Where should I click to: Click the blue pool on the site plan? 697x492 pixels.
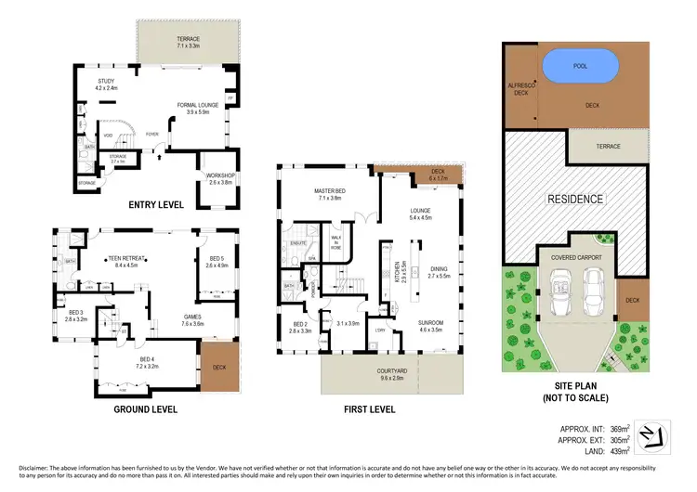click(x=580, y=66)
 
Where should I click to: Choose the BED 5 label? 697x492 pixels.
click(x=216, y=261)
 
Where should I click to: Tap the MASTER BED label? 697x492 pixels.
click(x=330, y=195)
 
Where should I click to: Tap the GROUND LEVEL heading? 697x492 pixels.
click(x=145, y=408)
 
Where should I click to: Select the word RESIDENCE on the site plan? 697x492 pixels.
click(x=575, y=199)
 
